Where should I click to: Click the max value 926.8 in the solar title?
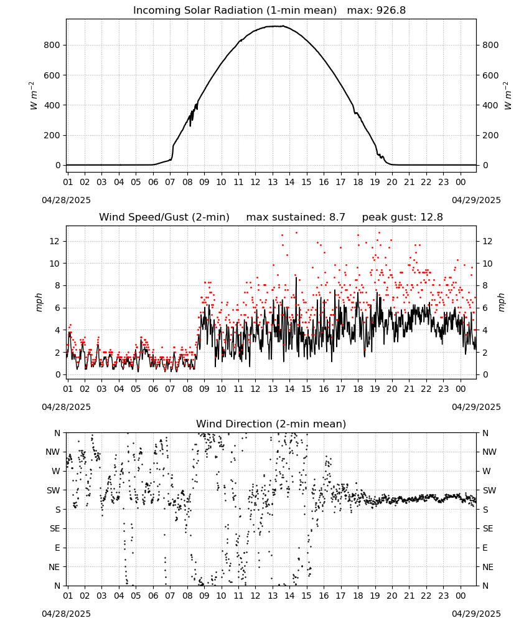391,11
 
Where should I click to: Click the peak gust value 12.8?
429,217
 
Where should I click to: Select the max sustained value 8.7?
337,217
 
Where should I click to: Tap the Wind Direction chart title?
271,424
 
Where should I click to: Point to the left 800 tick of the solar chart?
52,45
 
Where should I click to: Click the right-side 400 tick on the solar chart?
490,105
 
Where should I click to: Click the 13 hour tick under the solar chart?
272,182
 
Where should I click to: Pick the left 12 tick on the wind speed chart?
55,241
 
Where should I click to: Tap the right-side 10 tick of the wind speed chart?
487,264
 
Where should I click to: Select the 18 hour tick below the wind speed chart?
358,389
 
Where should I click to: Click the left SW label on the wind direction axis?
54,490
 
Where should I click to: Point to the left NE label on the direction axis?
54,567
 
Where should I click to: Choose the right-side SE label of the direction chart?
488,528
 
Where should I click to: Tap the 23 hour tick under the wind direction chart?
443,596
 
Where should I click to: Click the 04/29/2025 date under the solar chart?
476,200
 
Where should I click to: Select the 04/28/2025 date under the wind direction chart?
66,614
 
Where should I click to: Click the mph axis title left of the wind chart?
39,302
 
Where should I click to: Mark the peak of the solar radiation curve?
283,26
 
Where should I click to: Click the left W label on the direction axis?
56,471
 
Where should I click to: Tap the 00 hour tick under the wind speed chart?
461,389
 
